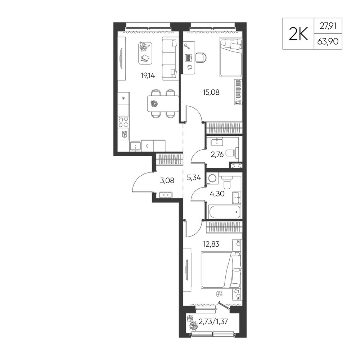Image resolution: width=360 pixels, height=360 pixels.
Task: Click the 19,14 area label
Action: click(x=148, y=76)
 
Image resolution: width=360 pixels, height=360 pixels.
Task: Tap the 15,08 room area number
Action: click(x=211, y=92)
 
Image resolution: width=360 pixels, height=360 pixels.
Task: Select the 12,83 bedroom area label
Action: click(x=211, y=244)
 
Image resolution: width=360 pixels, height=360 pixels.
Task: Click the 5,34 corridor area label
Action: click(x=194, y=177)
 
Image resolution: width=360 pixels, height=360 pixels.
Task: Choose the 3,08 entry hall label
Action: click(x=167, y=180)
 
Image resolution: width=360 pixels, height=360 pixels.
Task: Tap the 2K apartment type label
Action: click(x=298, y=34)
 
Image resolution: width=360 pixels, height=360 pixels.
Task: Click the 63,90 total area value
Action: click(x=328, y=41)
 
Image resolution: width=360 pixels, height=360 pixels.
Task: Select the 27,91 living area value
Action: click(x=328, y=26)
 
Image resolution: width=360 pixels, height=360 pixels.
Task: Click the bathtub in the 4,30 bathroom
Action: click(x=224, y=212)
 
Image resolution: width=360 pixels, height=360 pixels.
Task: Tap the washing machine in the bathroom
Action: click(x=212, y=179)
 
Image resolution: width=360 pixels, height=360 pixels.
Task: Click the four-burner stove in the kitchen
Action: click(x=123, y=122)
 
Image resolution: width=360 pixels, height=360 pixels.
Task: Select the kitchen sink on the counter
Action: click(x=135, y=146)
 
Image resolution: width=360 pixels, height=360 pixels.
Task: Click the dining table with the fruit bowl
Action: click(x=163, y=104)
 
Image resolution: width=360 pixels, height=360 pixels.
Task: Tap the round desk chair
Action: click(x=201, y=57)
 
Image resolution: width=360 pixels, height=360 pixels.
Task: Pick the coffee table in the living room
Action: click(x=145, y=53)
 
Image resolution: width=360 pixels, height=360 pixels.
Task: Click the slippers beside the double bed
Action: click(x=220, y=294)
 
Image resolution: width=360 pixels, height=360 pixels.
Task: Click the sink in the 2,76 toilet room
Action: click(x=217, y=141)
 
